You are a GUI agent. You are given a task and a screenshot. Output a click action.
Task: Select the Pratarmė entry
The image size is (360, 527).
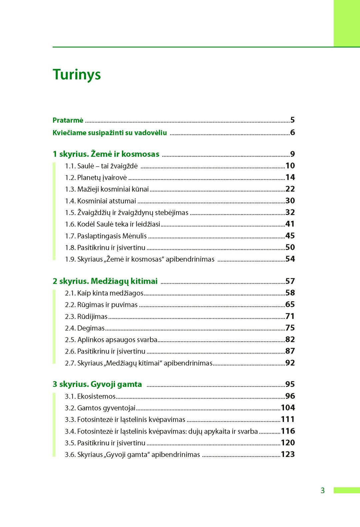pyautogui.click(x=68, y=120)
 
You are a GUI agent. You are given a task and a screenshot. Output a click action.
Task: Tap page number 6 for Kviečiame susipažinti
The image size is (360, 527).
pyautogui.click(x=292, y=132)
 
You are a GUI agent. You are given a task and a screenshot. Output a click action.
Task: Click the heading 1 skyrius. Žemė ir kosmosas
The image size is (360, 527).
pyautogui.click(x=106, y=154)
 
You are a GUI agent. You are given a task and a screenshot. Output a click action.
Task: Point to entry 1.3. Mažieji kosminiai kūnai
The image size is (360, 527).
pyautogui.click(x=107, y=189)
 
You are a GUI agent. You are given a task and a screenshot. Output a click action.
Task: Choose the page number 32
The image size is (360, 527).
pyautogui.click(x=290, y=212)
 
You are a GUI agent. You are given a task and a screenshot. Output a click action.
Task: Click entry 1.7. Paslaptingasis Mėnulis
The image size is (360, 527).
pyautogui.click(x=106, y=236)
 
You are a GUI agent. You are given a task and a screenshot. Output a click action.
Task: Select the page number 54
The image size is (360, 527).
pyautogui.click(x=290, y=259)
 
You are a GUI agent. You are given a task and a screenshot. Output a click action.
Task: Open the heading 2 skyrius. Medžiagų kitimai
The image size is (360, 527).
pyautogui.click(x=105, y=281)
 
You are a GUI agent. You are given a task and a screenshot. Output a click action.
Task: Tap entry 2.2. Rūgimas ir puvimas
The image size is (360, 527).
pyautogui.click(x=101, y=305)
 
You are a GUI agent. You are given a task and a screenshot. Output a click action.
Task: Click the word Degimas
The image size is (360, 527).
pyautogui.click(x=91, y=328)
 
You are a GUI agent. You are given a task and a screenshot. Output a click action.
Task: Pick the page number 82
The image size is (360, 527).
pyautogui.click(x=290, y=340)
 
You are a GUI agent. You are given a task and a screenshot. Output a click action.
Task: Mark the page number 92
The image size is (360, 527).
pyautogui.click(x=290, y=363)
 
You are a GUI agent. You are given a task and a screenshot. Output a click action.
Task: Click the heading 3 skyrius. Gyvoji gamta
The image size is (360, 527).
pyautogui.click(x=97, y=384)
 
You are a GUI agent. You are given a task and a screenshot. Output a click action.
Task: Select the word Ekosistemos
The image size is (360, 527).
pyautogui.click(x=96, y=397)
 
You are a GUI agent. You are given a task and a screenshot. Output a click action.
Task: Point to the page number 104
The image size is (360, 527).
pyautogui.click(x=288, y=408)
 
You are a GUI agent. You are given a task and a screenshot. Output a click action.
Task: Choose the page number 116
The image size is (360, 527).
pyautogui.click(x=288, y=431)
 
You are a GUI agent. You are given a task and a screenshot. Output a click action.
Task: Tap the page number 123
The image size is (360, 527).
pyautogui.click(x=288, y=454)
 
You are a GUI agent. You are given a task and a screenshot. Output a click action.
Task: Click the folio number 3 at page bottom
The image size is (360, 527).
pyautogui.click(x=322, y=490)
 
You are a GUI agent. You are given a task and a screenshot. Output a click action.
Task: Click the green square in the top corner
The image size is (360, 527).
pyautogui.click(x=347, y=23)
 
